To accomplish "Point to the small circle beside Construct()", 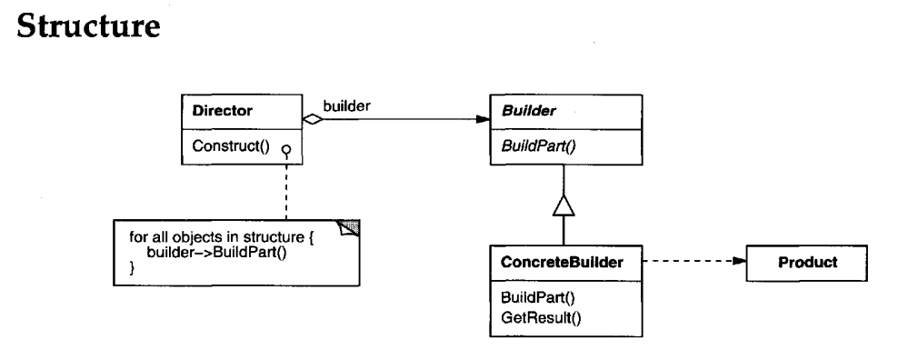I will [285, 152].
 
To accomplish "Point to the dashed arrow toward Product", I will [691, 263].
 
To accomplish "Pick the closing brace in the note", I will [132, 266].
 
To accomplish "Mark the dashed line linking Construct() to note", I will [285, 186].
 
